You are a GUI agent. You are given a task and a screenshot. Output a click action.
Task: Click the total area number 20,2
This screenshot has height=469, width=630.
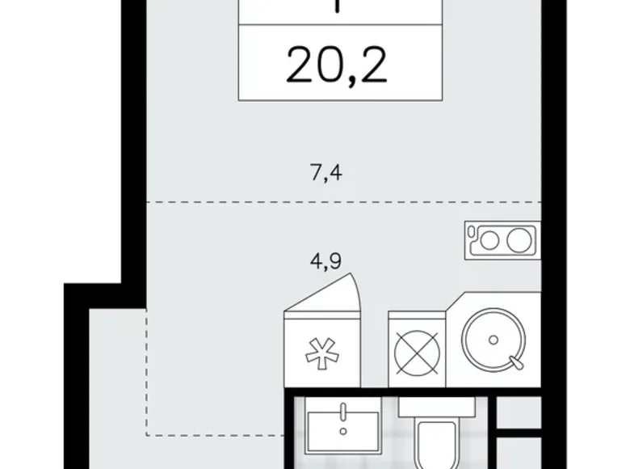point(337,66)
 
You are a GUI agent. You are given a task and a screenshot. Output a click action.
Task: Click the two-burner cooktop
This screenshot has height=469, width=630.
point(501,239)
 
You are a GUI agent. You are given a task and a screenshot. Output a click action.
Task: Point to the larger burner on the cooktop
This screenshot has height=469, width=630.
point(518,239)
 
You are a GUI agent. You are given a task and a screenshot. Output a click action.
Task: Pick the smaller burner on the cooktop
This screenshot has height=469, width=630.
point(490,239)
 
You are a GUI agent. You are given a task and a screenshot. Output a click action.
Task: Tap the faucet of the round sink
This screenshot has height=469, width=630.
point(511,359)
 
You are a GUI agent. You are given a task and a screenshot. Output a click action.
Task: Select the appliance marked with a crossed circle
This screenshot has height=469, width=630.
point(417,350)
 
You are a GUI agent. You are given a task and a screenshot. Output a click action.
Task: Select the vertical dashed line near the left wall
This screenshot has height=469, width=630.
point(146,372)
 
